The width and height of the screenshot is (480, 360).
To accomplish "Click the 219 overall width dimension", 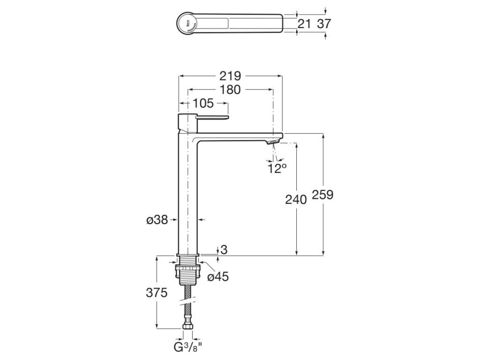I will coord(231,76).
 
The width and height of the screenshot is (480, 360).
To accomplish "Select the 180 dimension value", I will coord(230,90).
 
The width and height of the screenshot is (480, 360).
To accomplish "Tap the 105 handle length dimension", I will coord(202,103).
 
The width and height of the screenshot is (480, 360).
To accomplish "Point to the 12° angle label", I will coord(277,169).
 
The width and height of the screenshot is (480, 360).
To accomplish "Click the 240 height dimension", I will coord(296,199).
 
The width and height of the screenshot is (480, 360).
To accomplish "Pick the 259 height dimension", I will coord(322,195).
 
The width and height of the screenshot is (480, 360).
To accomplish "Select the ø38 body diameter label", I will coord(157,219).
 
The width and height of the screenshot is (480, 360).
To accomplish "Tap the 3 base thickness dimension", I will coord(224,250).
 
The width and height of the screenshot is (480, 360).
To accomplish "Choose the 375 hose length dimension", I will coord(157,293).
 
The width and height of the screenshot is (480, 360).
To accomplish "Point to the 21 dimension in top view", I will coord(304,23).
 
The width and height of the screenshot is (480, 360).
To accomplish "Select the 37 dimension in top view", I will coord(324,23).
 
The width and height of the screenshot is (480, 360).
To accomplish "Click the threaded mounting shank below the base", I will coord(188,263).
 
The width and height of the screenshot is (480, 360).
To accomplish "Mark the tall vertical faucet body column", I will coord(188,197).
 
